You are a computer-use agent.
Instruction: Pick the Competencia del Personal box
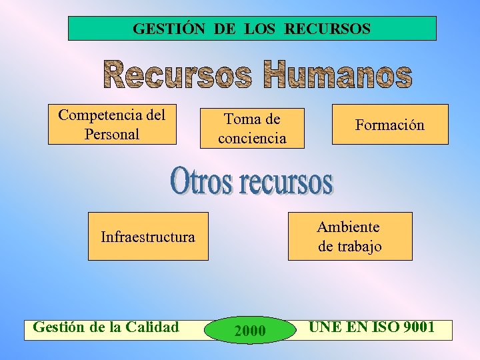(112, 124)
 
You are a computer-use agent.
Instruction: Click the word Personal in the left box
(112, 134)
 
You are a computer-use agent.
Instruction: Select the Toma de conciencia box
(252, 128)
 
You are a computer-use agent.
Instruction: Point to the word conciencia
(252, 139)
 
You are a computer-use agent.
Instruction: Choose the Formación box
(390, 125)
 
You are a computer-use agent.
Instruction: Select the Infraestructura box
(148, 236)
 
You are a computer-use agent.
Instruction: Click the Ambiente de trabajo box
(350, 236)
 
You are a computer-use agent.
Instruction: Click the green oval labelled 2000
(251, 330)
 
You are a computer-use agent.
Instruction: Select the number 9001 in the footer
(413, 327)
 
